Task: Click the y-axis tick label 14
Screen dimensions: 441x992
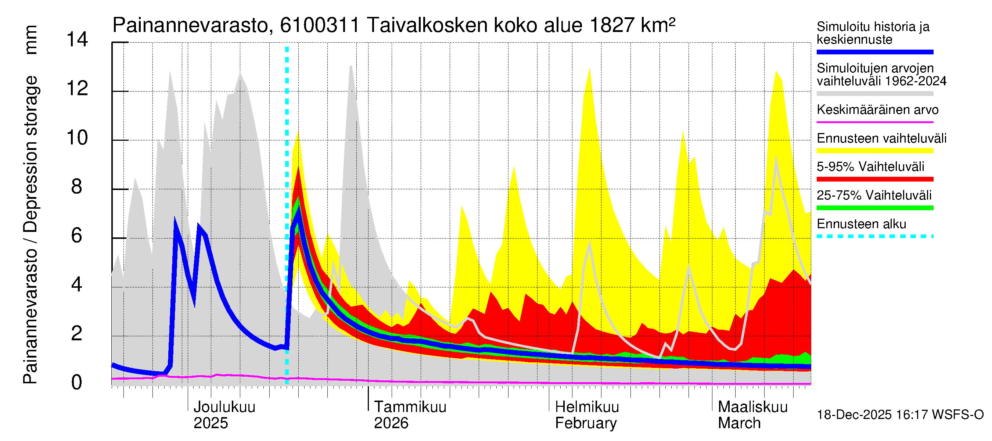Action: click(x=77, y=40)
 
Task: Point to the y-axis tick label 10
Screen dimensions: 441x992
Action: click(x=77, y=138)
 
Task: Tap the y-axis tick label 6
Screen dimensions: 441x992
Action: click(x=77, y=236)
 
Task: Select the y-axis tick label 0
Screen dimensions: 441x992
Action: click(x=77, y=383)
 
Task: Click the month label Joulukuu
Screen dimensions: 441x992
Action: click(x=224, y=407)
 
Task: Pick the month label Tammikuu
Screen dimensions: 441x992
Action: click(x=410, y=407)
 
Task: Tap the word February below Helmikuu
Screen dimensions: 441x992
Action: click(x=586, y=423)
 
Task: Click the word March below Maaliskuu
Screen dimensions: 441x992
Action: click(x=739, y=423)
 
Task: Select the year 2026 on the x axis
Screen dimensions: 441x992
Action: click(x=391, y=423)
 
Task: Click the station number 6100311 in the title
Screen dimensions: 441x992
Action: click(x=320, y=25)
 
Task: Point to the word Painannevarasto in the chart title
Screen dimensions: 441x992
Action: click(x=190, y=25)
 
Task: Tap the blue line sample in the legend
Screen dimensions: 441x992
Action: click(x=875, y=52)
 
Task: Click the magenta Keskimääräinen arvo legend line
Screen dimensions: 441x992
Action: click(x=875, y=122)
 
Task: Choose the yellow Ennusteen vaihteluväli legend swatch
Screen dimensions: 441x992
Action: click(x=875, y=151)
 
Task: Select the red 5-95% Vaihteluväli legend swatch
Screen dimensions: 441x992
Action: click(x=875, y=179)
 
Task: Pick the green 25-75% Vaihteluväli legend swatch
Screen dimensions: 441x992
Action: click(x=875, y=208)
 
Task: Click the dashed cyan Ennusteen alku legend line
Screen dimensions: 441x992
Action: click(x=875, y=236)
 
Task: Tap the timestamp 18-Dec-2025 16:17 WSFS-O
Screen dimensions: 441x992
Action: click(x=900, y=415)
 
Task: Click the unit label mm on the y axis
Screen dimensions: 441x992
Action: click(x=31, y=40)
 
